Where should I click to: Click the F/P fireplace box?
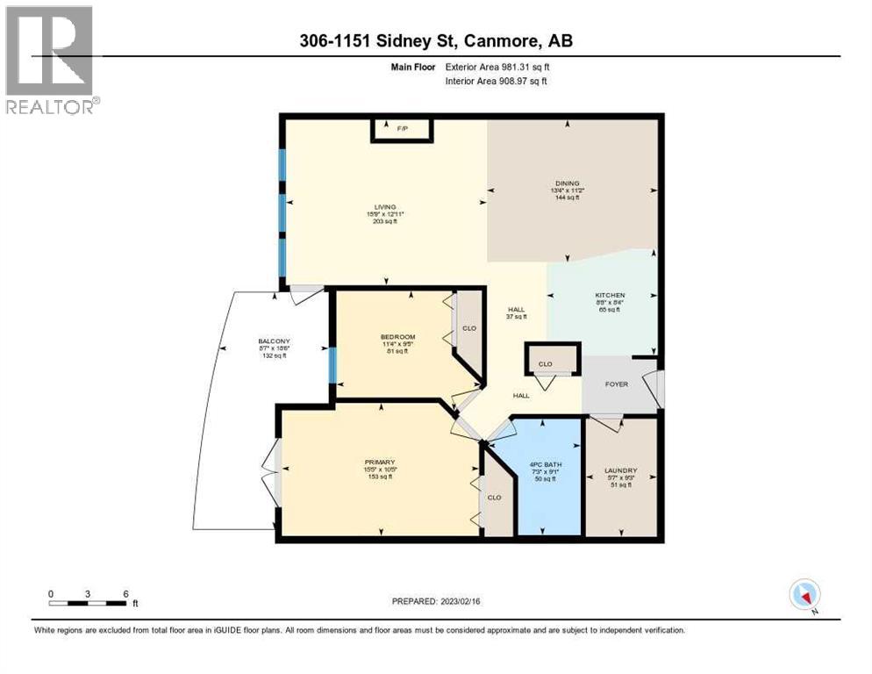pyautogui.click(x=403, y=129)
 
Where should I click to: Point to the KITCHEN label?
pyautogui.click(x=610, y=296)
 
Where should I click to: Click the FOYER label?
pyautogui.click(x=616, y=384)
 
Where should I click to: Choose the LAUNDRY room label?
pyautogui.click(x=620, y=470)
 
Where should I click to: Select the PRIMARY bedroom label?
pyautogui.click(x=381, y=462)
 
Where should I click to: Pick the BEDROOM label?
pyautogui.click(x=397, y=337)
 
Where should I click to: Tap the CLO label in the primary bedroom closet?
pyautogui.click(x=494, y=497)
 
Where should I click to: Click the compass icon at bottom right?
pyautogui.click(x=804, y=594)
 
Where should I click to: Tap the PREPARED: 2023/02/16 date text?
pyautogui.click(x=435, y=601)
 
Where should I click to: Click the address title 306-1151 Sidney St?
pyautogui.click(x=435, y=41)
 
